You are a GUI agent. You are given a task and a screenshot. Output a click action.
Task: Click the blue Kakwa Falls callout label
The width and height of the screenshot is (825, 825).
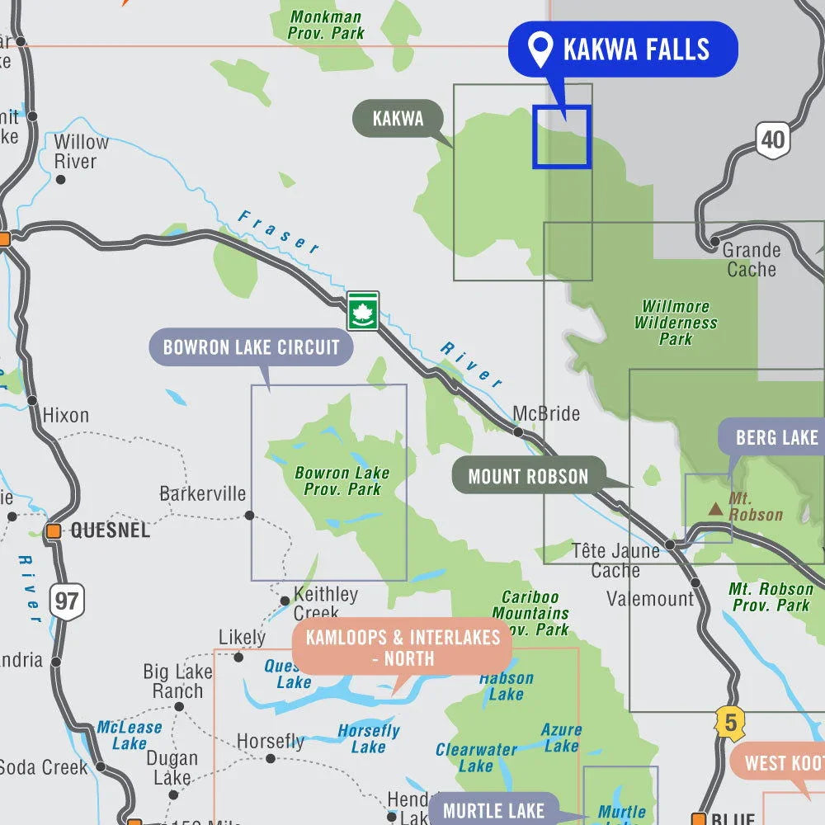[x=622, y=49]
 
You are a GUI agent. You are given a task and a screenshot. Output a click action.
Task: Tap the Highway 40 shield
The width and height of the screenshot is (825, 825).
[x=772, y=139]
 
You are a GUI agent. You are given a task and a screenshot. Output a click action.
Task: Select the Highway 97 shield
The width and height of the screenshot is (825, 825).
[x=66, y=601]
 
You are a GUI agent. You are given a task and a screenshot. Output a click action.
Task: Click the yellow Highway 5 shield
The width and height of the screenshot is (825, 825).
[x=729, y=724]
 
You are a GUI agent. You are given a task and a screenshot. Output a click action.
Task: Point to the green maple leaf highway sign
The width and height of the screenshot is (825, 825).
[x=363, y=311]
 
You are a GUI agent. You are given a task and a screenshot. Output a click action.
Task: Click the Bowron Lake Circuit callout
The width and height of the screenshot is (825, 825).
[x=251, y=347]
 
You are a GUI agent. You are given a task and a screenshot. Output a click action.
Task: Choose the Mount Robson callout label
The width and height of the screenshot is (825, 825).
[x=528, y=477]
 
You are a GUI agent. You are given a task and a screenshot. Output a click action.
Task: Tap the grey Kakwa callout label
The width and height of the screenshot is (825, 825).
[x=398, y=119]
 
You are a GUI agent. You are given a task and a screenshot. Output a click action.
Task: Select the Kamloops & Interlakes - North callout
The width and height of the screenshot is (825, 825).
[x=403, y=648]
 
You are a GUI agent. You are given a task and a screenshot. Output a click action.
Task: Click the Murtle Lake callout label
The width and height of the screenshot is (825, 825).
[x=493, y=810]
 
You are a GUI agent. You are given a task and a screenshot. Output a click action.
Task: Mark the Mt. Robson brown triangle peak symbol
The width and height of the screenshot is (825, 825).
[x=716, y=509]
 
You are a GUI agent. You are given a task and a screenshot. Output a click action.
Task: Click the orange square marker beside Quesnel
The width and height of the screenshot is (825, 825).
[x=54, y=530]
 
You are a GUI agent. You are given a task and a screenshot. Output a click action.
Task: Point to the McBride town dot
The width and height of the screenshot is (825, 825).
[x=518, y=431]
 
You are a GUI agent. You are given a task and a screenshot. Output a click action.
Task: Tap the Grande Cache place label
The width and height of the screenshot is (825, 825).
[x=751, y=259]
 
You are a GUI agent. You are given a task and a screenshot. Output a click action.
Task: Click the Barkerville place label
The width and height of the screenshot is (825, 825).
[x=202, y=494]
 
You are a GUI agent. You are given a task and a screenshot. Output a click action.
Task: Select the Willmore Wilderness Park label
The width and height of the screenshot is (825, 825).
[x=676, y=323]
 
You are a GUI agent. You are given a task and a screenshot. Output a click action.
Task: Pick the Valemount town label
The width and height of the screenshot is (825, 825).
[x=650, y=598]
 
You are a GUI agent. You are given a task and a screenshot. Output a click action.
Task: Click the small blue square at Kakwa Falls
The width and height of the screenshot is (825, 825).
[x=562, y=136]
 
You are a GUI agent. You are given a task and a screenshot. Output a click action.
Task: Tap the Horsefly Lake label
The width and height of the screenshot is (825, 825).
[x=369, y=738]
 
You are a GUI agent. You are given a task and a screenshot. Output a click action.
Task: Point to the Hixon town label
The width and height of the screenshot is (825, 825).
[x=65, y=415]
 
